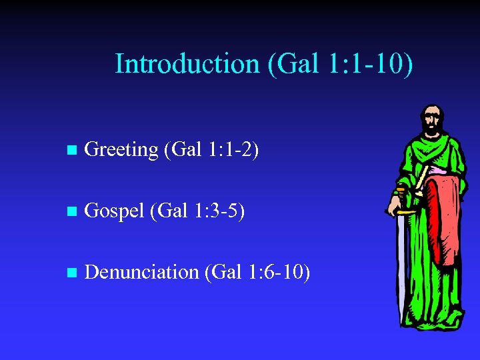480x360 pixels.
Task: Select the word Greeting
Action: [121, 150]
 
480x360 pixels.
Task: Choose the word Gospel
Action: [115, 211]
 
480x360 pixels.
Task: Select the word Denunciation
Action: [142, 273]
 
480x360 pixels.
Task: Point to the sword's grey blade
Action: [401, 267]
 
